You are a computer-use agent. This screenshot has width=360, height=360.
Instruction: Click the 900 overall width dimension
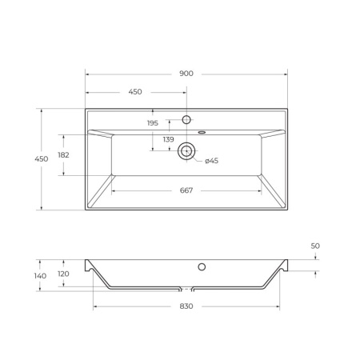point(186,74)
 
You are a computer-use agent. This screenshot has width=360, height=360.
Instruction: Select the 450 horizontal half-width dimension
point(136,92)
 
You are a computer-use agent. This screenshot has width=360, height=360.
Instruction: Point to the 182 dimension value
point(63,155)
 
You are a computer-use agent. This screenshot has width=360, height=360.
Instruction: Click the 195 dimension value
point(152,122)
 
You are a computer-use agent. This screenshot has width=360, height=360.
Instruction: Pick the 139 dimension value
point(168,140)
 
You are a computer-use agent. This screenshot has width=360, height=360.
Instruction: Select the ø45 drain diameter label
point(211,161)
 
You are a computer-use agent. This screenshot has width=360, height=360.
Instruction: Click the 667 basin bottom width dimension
point(186,190)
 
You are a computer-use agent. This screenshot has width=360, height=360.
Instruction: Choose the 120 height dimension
point(63,273)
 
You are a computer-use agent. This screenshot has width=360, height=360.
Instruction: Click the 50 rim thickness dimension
point(315,246)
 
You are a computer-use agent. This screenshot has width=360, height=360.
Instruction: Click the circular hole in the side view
point(202,266)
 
